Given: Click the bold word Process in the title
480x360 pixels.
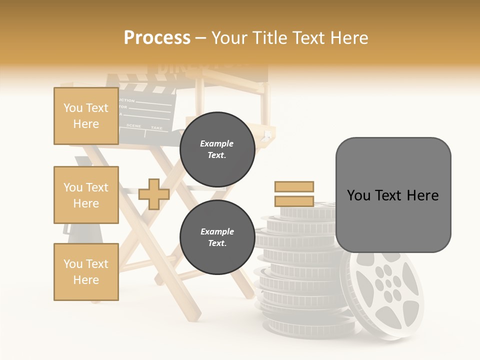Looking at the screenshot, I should coord(157,38).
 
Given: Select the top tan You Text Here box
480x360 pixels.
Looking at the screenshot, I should coord(86,116).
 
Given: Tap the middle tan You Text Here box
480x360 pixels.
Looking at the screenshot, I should coord(86,195).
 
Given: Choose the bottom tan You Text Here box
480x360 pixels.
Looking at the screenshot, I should coord(86,272).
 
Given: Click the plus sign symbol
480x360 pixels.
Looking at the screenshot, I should coord(154,194).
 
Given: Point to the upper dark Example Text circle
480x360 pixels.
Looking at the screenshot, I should coord(217,149).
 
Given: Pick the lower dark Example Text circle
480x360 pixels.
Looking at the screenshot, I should coord(217,237).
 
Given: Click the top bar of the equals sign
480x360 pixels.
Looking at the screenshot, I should coord(294,186).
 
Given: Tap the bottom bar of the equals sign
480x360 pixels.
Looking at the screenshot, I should coord(294,201).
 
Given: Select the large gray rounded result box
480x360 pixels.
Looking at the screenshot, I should coord(393,195).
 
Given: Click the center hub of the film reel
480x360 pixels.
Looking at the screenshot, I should coord(387,284).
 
